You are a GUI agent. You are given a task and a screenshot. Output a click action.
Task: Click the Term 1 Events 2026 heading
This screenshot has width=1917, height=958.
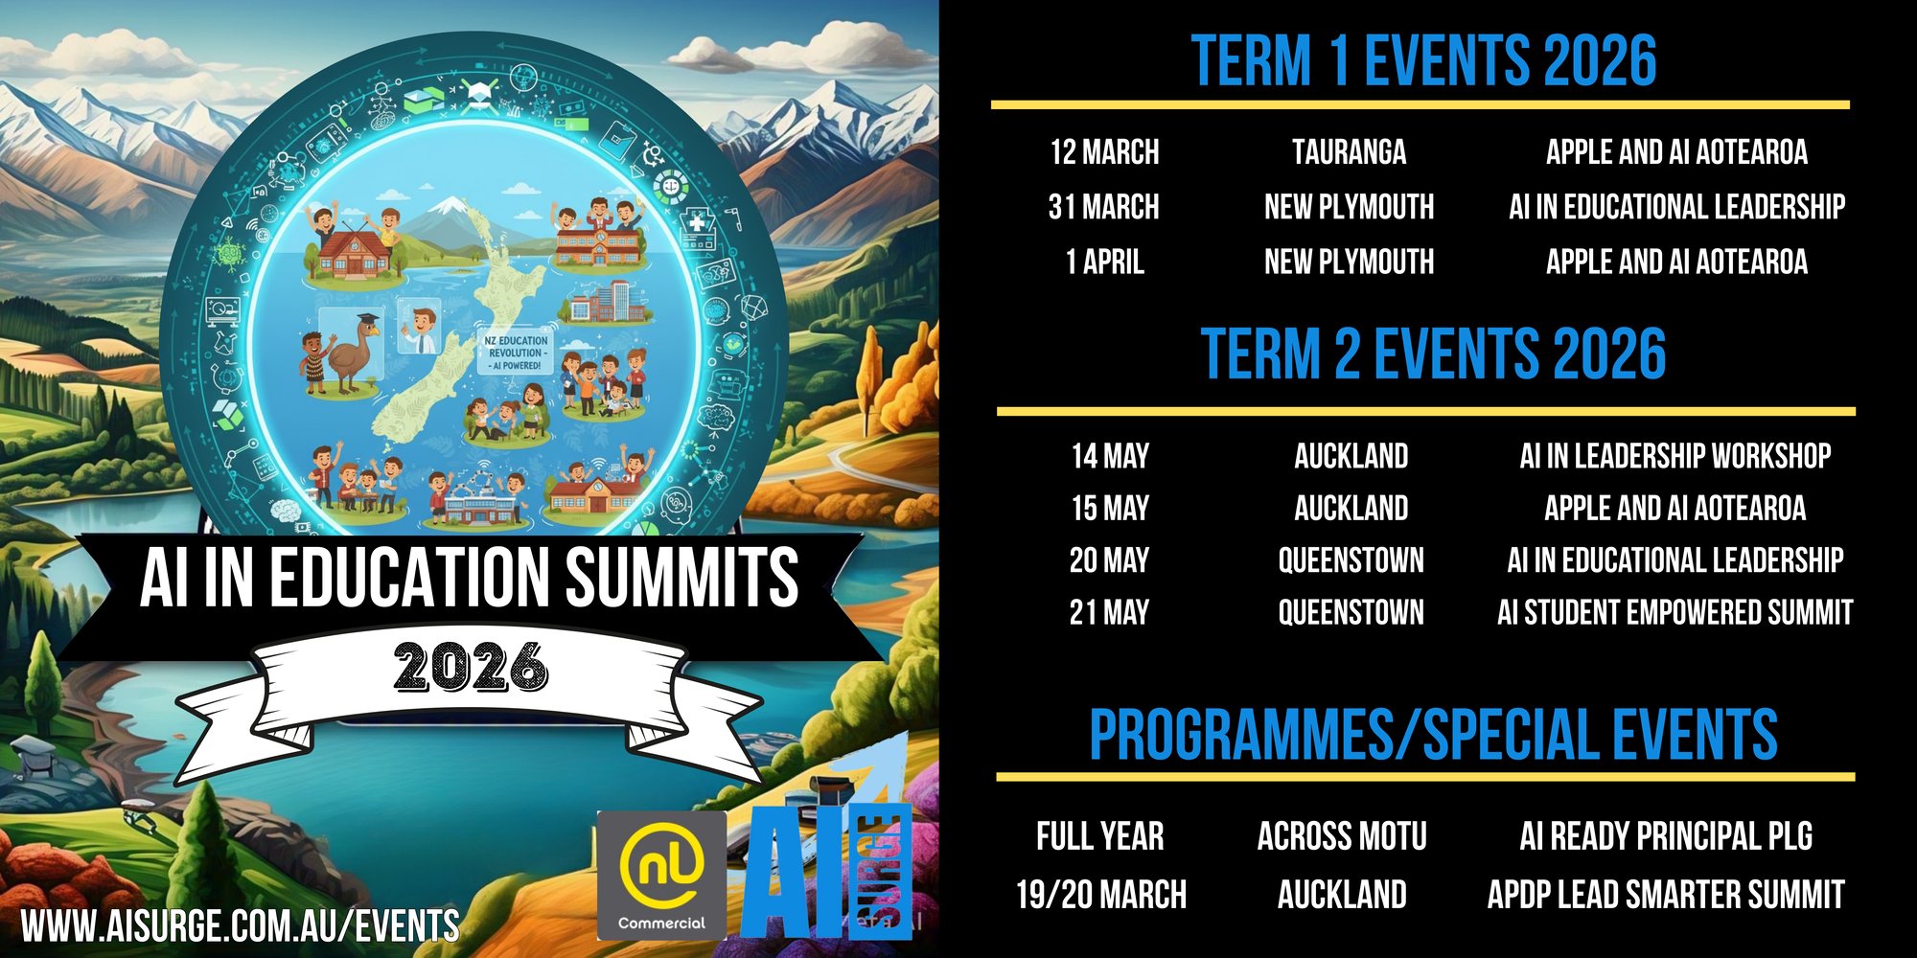coord(1423,60)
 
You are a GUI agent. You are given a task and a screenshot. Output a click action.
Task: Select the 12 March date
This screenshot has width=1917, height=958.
coord(1104,152)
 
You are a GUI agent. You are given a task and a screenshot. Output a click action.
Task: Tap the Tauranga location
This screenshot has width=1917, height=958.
coord(1349,152)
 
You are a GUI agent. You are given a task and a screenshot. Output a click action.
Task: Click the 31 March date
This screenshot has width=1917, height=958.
coord(1103,207)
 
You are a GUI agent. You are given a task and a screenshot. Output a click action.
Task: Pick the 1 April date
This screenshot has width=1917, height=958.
coord(1105,262)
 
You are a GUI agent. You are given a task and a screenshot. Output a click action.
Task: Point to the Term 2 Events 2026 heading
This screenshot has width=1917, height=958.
coord(1433,354)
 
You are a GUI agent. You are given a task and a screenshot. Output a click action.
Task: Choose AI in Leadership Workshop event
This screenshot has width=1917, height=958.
coord(1675,456)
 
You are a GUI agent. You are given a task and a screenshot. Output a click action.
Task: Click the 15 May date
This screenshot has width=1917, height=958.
coord(1110,509)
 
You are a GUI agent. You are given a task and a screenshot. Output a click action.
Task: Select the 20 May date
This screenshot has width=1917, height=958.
coord(1109,560)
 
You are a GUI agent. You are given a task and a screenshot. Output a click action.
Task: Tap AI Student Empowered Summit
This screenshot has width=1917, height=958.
coord(1675,612)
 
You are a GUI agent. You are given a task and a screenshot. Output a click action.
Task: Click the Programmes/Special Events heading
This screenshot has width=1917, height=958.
coord(1433,736)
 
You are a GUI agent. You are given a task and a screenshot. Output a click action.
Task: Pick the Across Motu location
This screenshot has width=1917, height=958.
coord(1342,836)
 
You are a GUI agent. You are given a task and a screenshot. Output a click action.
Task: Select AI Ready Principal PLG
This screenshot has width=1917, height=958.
coord(1666,836)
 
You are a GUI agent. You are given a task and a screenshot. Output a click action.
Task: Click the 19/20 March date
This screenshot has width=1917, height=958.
coord(1101,895)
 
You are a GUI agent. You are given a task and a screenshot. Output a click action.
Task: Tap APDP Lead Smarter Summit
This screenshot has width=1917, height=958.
coord(1666,895)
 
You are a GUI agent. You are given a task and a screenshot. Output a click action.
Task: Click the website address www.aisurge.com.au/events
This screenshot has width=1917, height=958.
coord(240,926)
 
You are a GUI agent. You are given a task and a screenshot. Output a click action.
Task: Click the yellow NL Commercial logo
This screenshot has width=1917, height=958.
coord(661,876)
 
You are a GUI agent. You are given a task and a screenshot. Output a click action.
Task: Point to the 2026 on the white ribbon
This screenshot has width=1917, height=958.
coord(471,666)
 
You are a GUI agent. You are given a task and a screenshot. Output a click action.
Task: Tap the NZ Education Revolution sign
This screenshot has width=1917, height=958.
coord(516,353)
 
